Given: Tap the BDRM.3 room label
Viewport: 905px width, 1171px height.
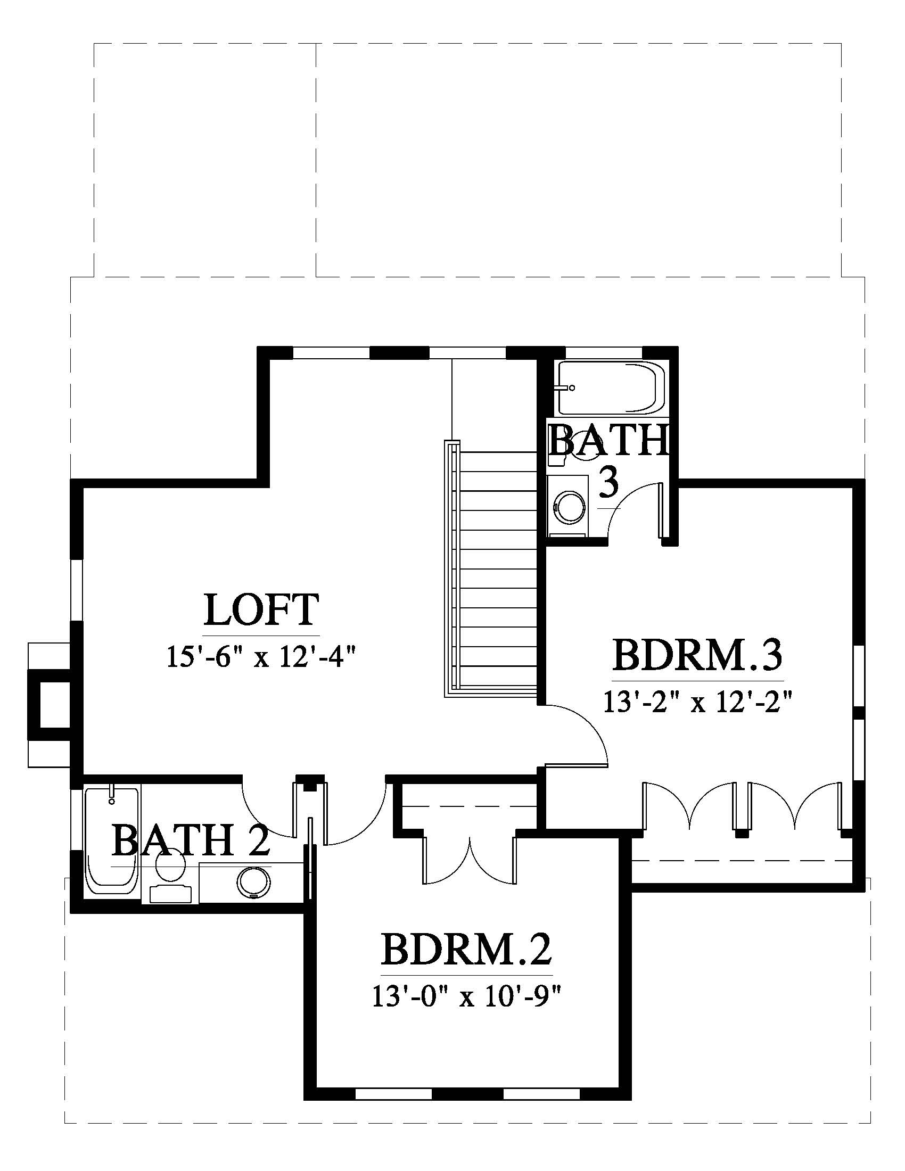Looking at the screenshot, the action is (698, 656).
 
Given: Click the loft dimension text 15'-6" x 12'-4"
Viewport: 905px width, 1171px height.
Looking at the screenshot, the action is (261, 657).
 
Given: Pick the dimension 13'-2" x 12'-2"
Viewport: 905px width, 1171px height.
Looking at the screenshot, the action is (698, 701).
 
